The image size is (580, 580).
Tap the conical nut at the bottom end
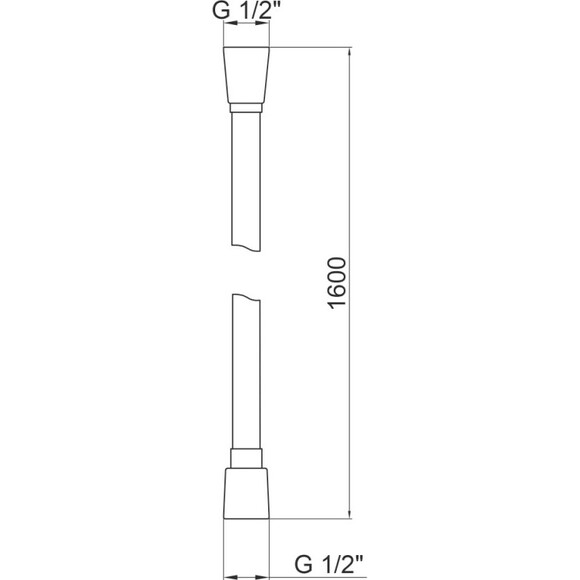(246, 494)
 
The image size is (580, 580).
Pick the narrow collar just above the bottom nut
(246, 459)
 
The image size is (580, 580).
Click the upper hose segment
(246, 180)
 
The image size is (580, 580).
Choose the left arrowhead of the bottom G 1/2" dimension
(226, 575)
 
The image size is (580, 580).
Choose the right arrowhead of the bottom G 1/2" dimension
(266, 575)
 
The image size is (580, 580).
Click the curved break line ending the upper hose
(246, 252)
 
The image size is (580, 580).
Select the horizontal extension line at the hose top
(310, 47)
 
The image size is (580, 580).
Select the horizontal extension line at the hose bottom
(310, 520)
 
